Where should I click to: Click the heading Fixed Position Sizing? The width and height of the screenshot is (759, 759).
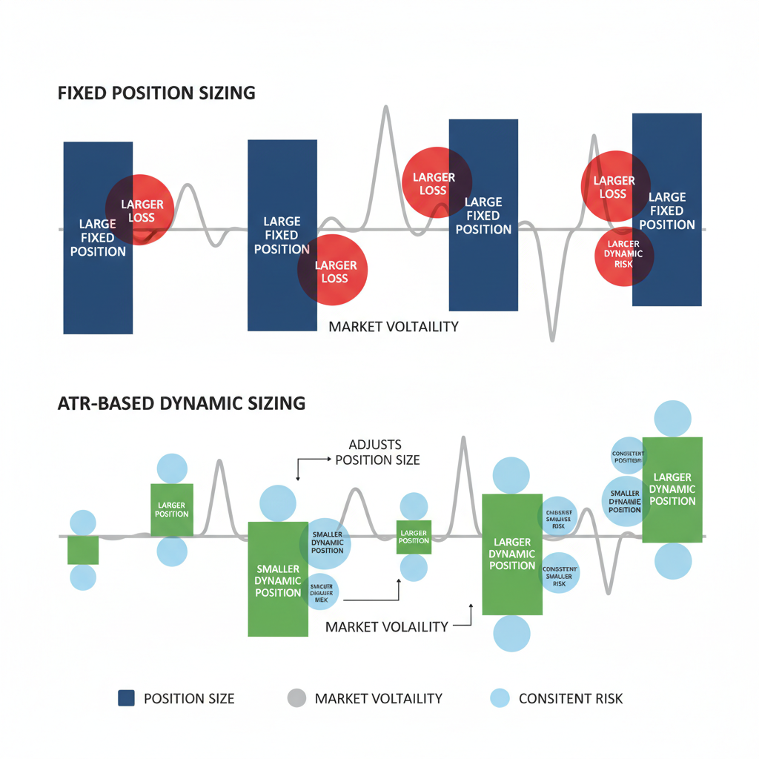[x=156, y=93]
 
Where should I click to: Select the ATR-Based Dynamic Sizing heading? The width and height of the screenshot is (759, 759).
[x=182, y=403]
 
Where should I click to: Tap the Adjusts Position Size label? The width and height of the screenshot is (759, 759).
[x=377, y=452]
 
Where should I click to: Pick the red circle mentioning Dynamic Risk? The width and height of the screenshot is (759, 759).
[x=623, y=253]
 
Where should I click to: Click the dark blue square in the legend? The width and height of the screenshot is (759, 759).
[x=126, y=697]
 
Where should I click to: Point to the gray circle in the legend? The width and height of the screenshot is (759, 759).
[x=296, y=697]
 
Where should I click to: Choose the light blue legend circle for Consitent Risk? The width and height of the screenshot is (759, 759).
[x=500, y=697]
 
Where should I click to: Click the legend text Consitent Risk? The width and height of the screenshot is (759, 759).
[x=571, y=698]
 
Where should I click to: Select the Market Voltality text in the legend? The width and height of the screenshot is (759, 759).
[x=378, y=698]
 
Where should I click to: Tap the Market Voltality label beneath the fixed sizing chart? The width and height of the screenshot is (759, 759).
[x=394, y=326]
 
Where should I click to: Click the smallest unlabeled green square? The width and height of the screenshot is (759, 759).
[x=83, y=550]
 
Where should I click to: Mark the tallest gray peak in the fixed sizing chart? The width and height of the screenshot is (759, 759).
[x=385, y=110]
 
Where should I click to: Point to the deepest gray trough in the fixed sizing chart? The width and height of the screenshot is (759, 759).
[x=551, y=338]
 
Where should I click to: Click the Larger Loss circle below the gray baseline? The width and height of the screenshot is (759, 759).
[x=333, y=270]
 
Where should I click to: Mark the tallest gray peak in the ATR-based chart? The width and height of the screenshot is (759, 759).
[x=464, y=439]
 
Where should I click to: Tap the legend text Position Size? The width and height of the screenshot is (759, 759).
[x=188, y=698]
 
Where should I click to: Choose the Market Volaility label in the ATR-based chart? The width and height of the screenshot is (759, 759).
[x=387, y=626]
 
